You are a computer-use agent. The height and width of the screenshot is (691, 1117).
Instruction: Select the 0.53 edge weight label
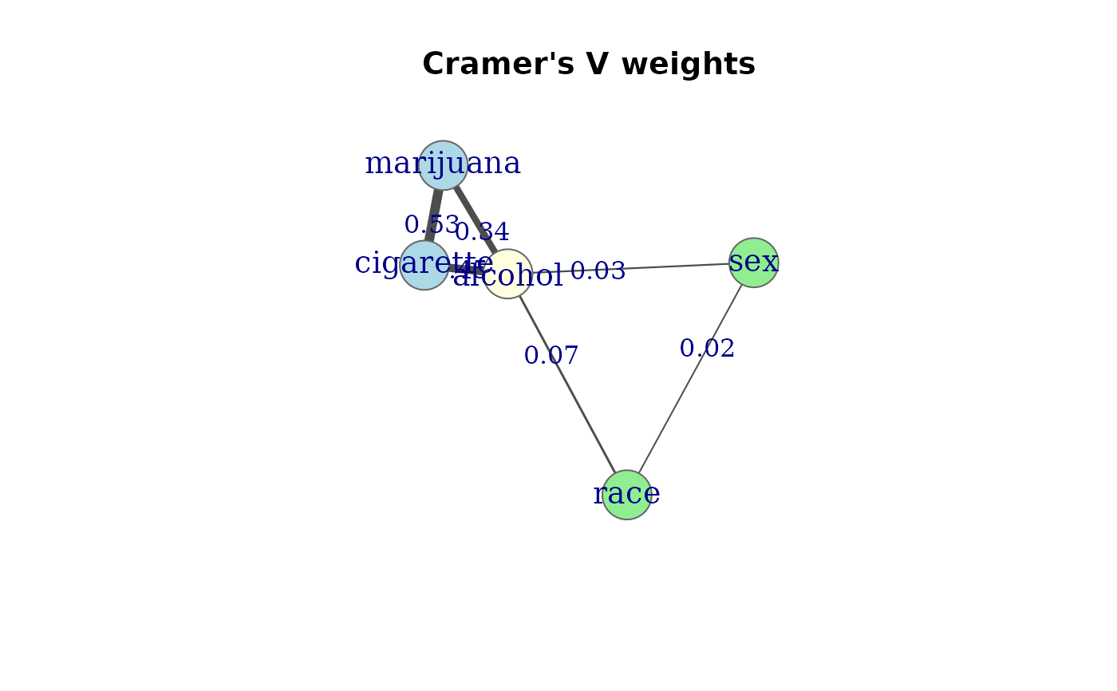point(432,225)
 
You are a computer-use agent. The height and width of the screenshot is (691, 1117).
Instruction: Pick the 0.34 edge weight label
point(483,232)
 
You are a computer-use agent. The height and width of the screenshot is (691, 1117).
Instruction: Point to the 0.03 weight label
point(598,271)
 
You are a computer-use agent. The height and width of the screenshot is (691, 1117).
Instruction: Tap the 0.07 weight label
point(551,356)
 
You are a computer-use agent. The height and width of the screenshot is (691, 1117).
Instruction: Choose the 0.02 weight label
point(707,349)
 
